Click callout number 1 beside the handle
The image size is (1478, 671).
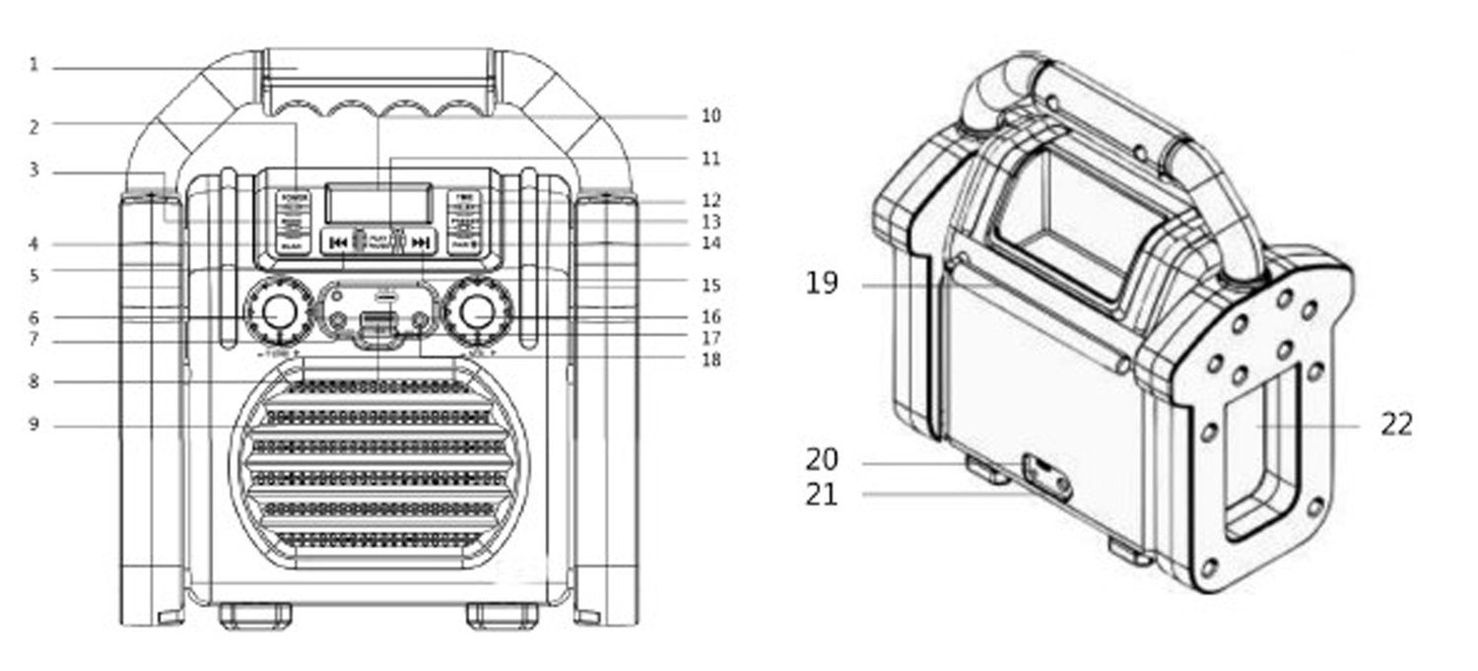pyautogui.click(x=34, y=67)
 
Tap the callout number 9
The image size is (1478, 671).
pyautogui.click(x=34, y=426)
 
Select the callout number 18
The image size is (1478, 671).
pyautogui.click(x=710, y=361)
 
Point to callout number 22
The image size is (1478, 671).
pyautogui.click(x=1396, y=425)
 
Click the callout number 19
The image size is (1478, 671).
pyautogui.click(x=821, y=285)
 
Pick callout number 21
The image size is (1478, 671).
pyautogui.click(x=821, y=494)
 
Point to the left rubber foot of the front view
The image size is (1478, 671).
pyautogui.click(x=254, y=616)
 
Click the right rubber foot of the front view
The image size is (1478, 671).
pyautogui.click(x=503, y=616)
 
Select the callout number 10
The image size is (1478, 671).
pyautogui.click(x=710, y=116)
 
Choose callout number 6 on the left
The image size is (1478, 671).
pyautogui.click(x=34, y=317)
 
